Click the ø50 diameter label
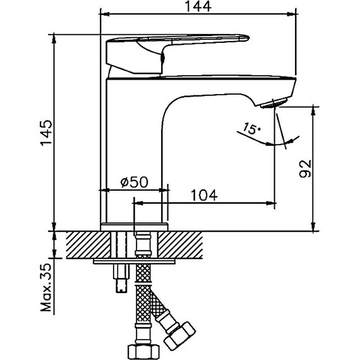(x=133, y=183)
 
